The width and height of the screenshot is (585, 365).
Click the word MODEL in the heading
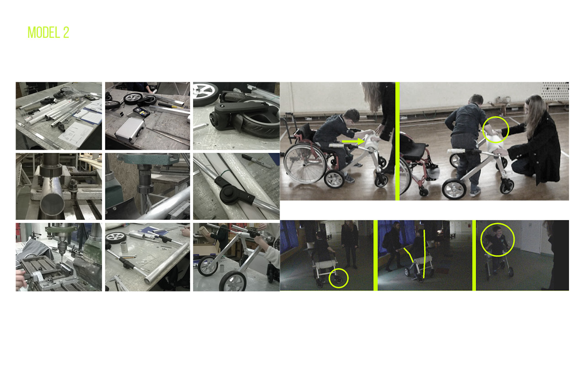[x=43, y=32]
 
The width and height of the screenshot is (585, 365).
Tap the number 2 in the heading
[x=66, y=32]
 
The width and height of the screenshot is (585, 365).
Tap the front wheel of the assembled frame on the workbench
[x=233, y=281]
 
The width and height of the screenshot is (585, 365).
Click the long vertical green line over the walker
[x=424, y=253]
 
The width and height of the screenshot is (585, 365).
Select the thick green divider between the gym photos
[x=397, y=141]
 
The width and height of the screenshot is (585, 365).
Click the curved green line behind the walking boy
[x=409, y=254]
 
